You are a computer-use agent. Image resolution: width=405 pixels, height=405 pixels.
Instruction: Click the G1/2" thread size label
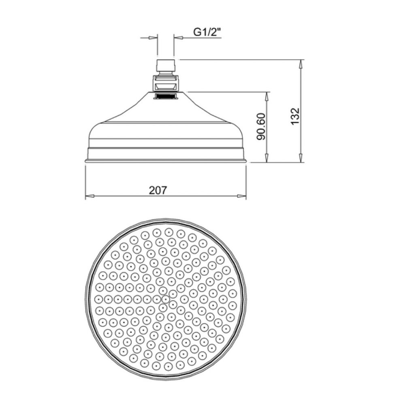pos(207,33)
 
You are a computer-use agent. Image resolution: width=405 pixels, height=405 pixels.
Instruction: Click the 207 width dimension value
pos(158,190)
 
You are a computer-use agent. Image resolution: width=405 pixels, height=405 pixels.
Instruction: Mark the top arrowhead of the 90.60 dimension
pos(267,96)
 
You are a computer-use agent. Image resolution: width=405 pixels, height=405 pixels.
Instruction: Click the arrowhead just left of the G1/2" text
pos(179,38)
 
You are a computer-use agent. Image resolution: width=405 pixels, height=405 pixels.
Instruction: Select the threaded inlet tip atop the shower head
pos(165,65)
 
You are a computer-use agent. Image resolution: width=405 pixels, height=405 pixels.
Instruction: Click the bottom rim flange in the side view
pos(166,161)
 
